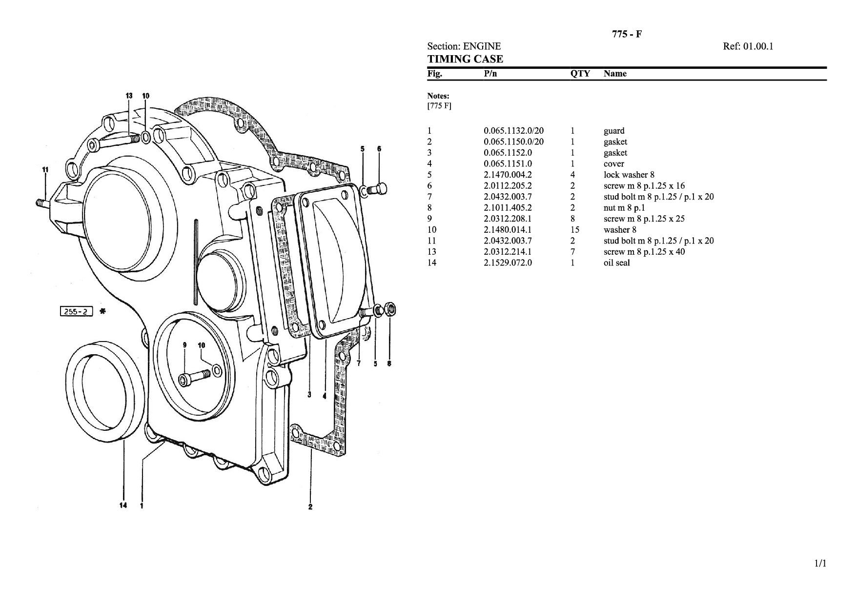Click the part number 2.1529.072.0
point(508,263)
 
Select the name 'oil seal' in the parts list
point(616,263)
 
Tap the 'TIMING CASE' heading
point(465,59)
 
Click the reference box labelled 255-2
point(76,311)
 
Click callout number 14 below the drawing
point(123,505)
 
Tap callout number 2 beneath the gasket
point(310,506)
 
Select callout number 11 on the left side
point(45,170)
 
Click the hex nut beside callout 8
point(390,309)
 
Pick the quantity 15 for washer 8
point(575,230)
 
